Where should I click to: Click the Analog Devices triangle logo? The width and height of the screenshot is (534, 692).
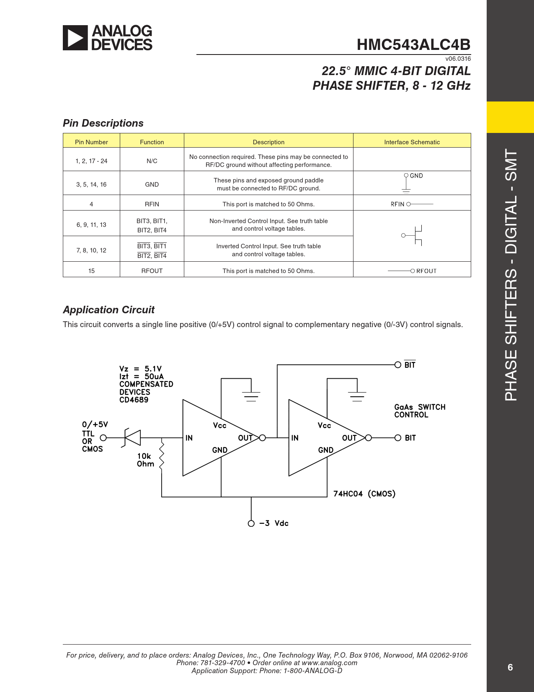[x=75, y=38]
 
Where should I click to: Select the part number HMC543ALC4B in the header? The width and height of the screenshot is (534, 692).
[x=413, y=45]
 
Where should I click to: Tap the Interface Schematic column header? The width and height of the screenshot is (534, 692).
[x=412, y=142]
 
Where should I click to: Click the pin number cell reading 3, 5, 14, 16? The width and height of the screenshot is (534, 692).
[x=91, y=185]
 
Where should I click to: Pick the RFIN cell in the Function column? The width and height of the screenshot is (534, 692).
[x=152, y=204]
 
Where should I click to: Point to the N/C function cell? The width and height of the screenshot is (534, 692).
[x=152, y=161]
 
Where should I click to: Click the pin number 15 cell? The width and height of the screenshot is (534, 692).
[x=91, y=271]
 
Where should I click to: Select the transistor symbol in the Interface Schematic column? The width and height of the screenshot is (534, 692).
[x=414, y=236]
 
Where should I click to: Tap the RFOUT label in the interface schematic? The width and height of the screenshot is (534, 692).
[x=426, y=271]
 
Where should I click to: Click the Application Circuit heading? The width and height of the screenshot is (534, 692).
[x=108, y=310]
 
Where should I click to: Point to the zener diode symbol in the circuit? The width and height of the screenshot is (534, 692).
[x=132, y=438]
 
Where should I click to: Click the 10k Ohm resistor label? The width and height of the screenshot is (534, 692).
[x=145, y=460]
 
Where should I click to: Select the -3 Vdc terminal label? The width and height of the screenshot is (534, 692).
[x=273, y=523]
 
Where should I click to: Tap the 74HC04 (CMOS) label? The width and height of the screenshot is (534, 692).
[x=364, y=494]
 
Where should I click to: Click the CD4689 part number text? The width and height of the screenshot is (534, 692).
[x=134, y=400]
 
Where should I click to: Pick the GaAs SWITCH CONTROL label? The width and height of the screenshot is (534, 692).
[x=419, y=411]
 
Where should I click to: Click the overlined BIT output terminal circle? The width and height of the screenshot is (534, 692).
[x=398, y=365]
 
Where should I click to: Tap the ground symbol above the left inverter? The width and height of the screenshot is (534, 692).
[x=251, y=395]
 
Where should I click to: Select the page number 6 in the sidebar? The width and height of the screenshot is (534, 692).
[x=510, y=667]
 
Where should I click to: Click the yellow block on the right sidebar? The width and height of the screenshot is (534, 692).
[x=510, y=117]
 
